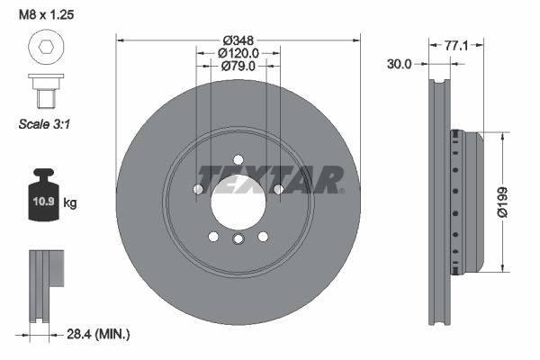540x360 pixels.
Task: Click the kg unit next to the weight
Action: click(x=70, y=202)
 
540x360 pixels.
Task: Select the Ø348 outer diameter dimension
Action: click(x=238, y=40)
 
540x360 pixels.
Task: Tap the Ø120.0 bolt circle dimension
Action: click(x=238, y=53)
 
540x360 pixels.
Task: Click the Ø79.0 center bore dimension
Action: click(x=238, y=66)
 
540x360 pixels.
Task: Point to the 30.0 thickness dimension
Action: click(x=400, y=64)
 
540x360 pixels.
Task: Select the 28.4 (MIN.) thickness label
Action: click(x=100, y=334)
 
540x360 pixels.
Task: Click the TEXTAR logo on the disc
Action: click(x=270, y=179)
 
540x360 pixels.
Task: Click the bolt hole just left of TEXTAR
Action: click(x=198, y=188)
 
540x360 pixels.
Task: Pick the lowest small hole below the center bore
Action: click(x=238, y=240)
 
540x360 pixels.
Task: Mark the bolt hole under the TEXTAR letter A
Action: click(x=278, y=189)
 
